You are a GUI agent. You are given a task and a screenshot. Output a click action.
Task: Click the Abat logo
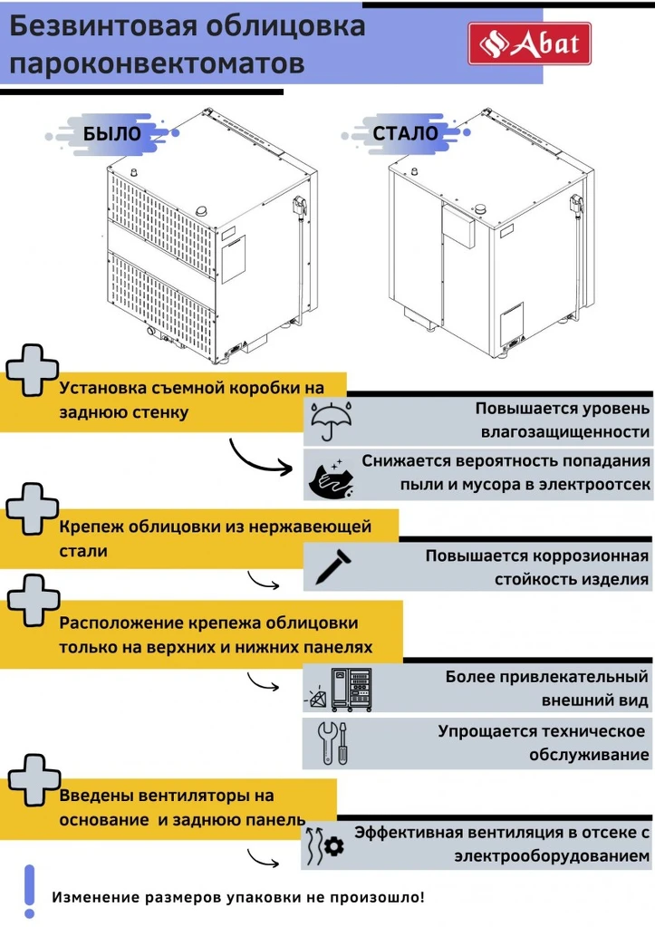529,43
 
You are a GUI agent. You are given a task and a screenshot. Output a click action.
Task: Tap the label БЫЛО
111,133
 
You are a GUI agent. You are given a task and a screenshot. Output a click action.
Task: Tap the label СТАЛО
405,133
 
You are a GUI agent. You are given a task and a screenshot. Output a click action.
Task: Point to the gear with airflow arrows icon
325,845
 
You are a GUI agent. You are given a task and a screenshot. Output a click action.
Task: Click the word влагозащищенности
565,432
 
